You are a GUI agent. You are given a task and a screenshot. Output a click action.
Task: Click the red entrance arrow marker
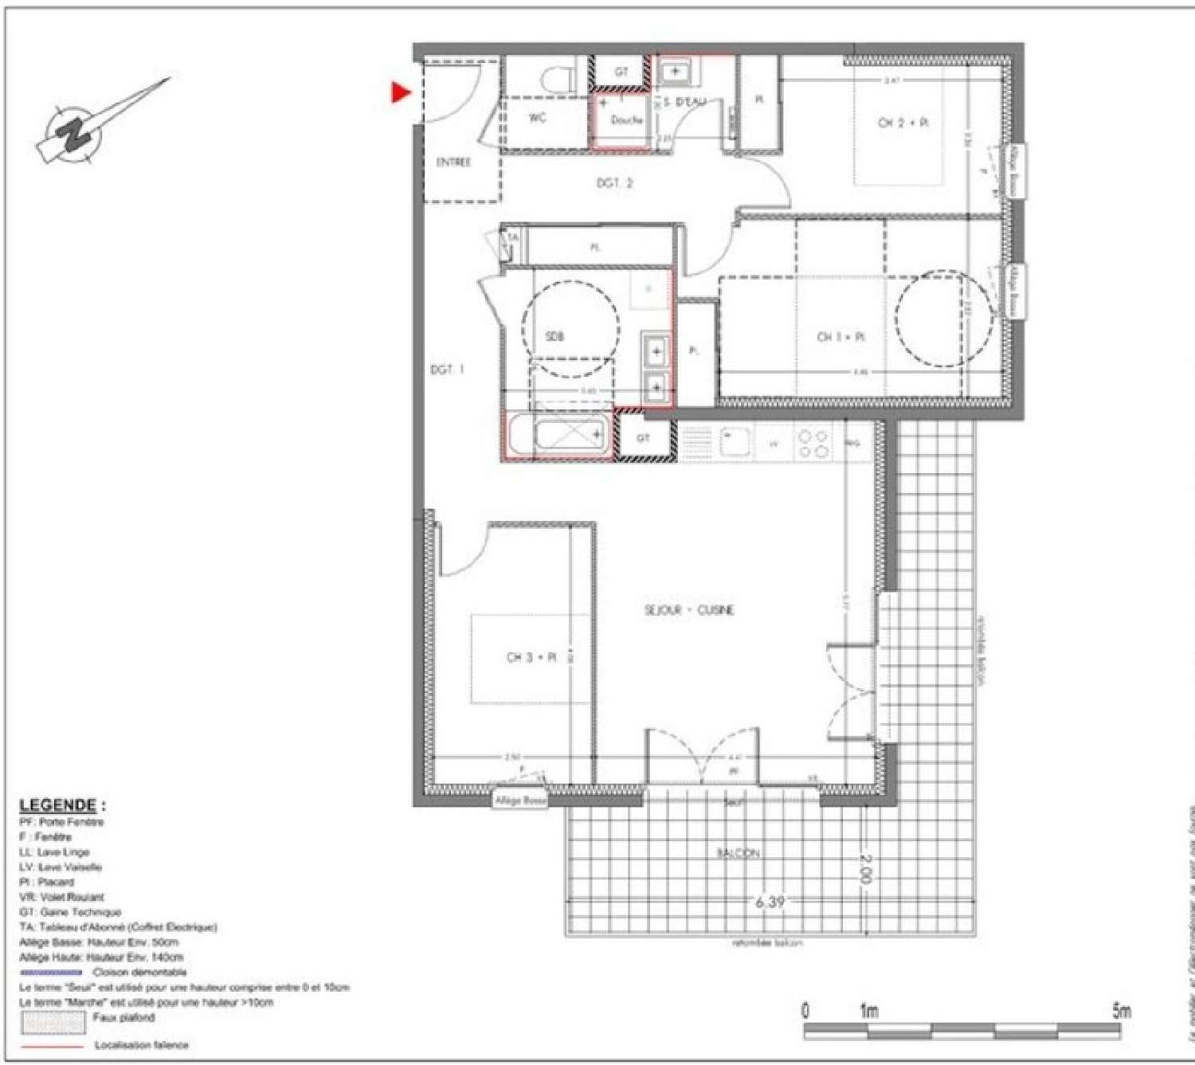pyautogui.click(x=400, y=92)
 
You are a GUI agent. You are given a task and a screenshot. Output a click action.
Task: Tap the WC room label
pyautogui.click(x=538, y=118)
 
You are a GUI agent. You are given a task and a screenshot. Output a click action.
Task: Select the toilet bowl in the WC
pyautogui.click(x=558, y=79)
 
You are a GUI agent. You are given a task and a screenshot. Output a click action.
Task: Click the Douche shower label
pyautogui.click(x=626, y=120)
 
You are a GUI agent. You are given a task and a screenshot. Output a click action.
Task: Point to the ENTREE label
pyautogui.click(x=453, y=162)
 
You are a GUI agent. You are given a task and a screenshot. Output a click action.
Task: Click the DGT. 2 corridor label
pyautogui.click(x=614, y=183)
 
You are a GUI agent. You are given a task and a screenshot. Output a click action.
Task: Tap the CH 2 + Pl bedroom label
pyautogui.click(x=903, y=123)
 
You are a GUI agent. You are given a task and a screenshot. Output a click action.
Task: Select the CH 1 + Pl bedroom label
pyautogui.click(x=840, y=337)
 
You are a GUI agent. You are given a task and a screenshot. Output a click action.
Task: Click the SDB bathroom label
pyautogui.click(x=554, y=337)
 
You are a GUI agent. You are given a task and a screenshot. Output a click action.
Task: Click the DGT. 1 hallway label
pyautogui.click(x=447, y=370)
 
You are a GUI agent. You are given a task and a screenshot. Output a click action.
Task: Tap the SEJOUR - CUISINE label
pyautogui.click(x=689, y=610)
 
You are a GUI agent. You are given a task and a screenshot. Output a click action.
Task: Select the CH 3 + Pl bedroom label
pyautogui.click(x=531, y=658)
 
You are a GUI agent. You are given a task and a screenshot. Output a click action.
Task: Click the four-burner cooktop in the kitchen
pyautogui.click(x=813, y=444)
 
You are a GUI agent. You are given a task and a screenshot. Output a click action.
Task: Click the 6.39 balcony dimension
pyautogui.click(x=770, y=902)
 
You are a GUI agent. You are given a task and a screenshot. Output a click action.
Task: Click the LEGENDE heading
pyautogui.click(x=58, y=805)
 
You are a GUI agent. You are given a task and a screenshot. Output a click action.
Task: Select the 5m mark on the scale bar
pyautogui.click(x=1121, y=1012)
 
